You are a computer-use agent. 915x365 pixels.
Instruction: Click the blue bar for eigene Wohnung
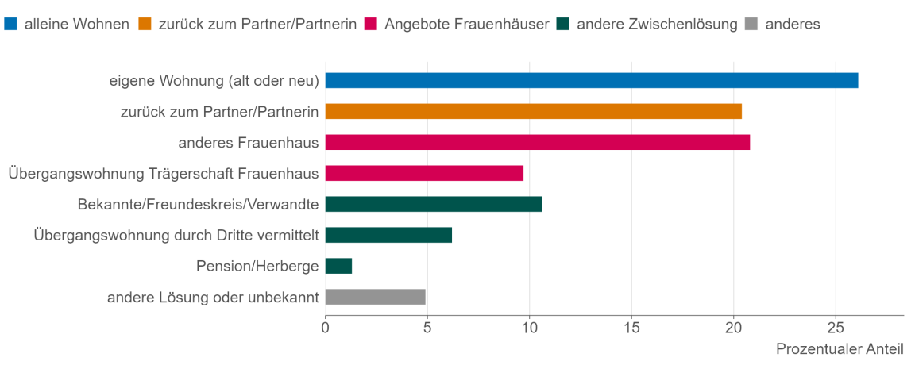tap(592, 80)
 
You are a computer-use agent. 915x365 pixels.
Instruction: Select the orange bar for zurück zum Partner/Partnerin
tap(533, 111)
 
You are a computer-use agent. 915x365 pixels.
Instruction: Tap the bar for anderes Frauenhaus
tap(537, 142)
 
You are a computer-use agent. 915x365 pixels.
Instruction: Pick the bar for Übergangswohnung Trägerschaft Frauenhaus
tap(424, 173)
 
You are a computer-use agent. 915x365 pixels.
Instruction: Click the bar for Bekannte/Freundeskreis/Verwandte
tap(433, 204)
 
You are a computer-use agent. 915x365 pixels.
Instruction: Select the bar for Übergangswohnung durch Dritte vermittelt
tap(388, 235)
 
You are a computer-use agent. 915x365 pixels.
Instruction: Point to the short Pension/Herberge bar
tap(338, 266)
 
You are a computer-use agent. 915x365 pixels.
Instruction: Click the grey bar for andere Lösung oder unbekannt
tap(375, 297)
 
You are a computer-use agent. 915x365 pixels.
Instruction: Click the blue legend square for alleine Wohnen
tap(10, 24)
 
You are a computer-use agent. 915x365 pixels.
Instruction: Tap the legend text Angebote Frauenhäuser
tap(466, 24)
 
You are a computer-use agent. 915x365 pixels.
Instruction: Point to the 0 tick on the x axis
tap(325, 327)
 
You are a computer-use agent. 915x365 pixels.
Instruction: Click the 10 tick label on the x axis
tap(529, 327)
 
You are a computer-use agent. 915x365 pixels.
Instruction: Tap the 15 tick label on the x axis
tap(631, 327)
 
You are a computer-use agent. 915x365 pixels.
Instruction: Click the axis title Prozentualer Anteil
tap(840, 349)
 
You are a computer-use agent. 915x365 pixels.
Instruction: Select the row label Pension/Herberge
tap(257, 266)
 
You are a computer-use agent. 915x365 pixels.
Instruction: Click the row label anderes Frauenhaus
tap(249, 142)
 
